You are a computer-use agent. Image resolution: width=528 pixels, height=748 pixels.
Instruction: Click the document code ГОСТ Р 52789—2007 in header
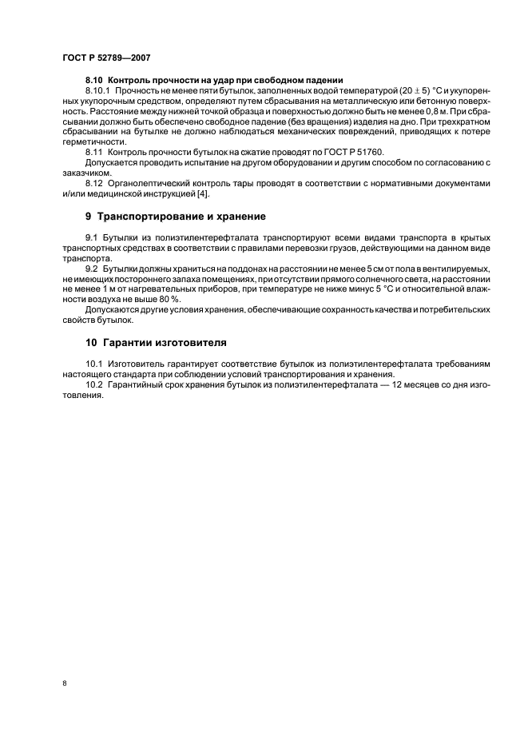tap(105, 58)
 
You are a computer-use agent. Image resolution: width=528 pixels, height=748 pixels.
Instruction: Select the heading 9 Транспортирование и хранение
tap(176, 217)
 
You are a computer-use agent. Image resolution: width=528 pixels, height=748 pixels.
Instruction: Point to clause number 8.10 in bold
tap(94, 81)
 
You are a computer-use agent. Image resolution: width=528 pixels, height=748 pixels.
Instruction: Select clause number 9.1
tap(92, 238)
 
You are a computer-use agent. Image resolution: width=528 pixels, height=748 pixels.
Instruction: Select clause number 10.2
tap(94, 384)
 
